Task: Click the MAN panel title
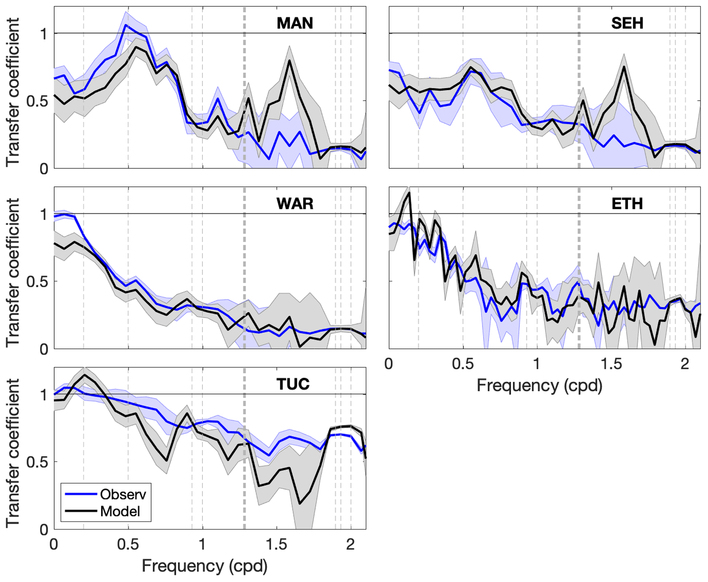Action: (295, 23)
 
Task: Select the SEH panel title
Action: (627, 23)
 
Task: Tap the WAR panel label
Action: (295, 204)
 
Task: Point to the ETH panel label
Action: (627, 204)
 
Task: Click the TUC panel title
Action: (293, 384)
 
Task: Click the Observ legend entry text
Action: (123, 494)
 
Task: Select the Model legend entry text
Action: (120, 511)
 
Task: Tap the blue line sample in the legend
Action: (81, 494)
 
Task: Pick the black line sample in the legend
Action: (81, 511)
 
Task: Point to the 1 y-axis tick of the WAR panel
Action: (44, 214)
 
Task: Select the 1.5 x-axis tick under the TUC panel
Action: (276, 544)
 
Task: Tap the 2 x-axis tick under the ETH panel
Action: (684, 364)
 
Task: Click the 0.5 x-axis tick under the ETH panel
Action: (463, 364)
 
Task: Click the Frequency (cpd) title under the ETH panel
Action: (539, 385)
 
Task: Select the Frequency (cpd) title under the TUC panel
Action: (204, 566)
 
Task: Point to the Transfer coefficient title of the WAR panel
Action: (13, 272)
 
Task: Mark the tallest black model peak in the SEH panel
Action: (624, 66)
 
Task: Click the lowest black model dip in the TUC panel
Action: (300, 504)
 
